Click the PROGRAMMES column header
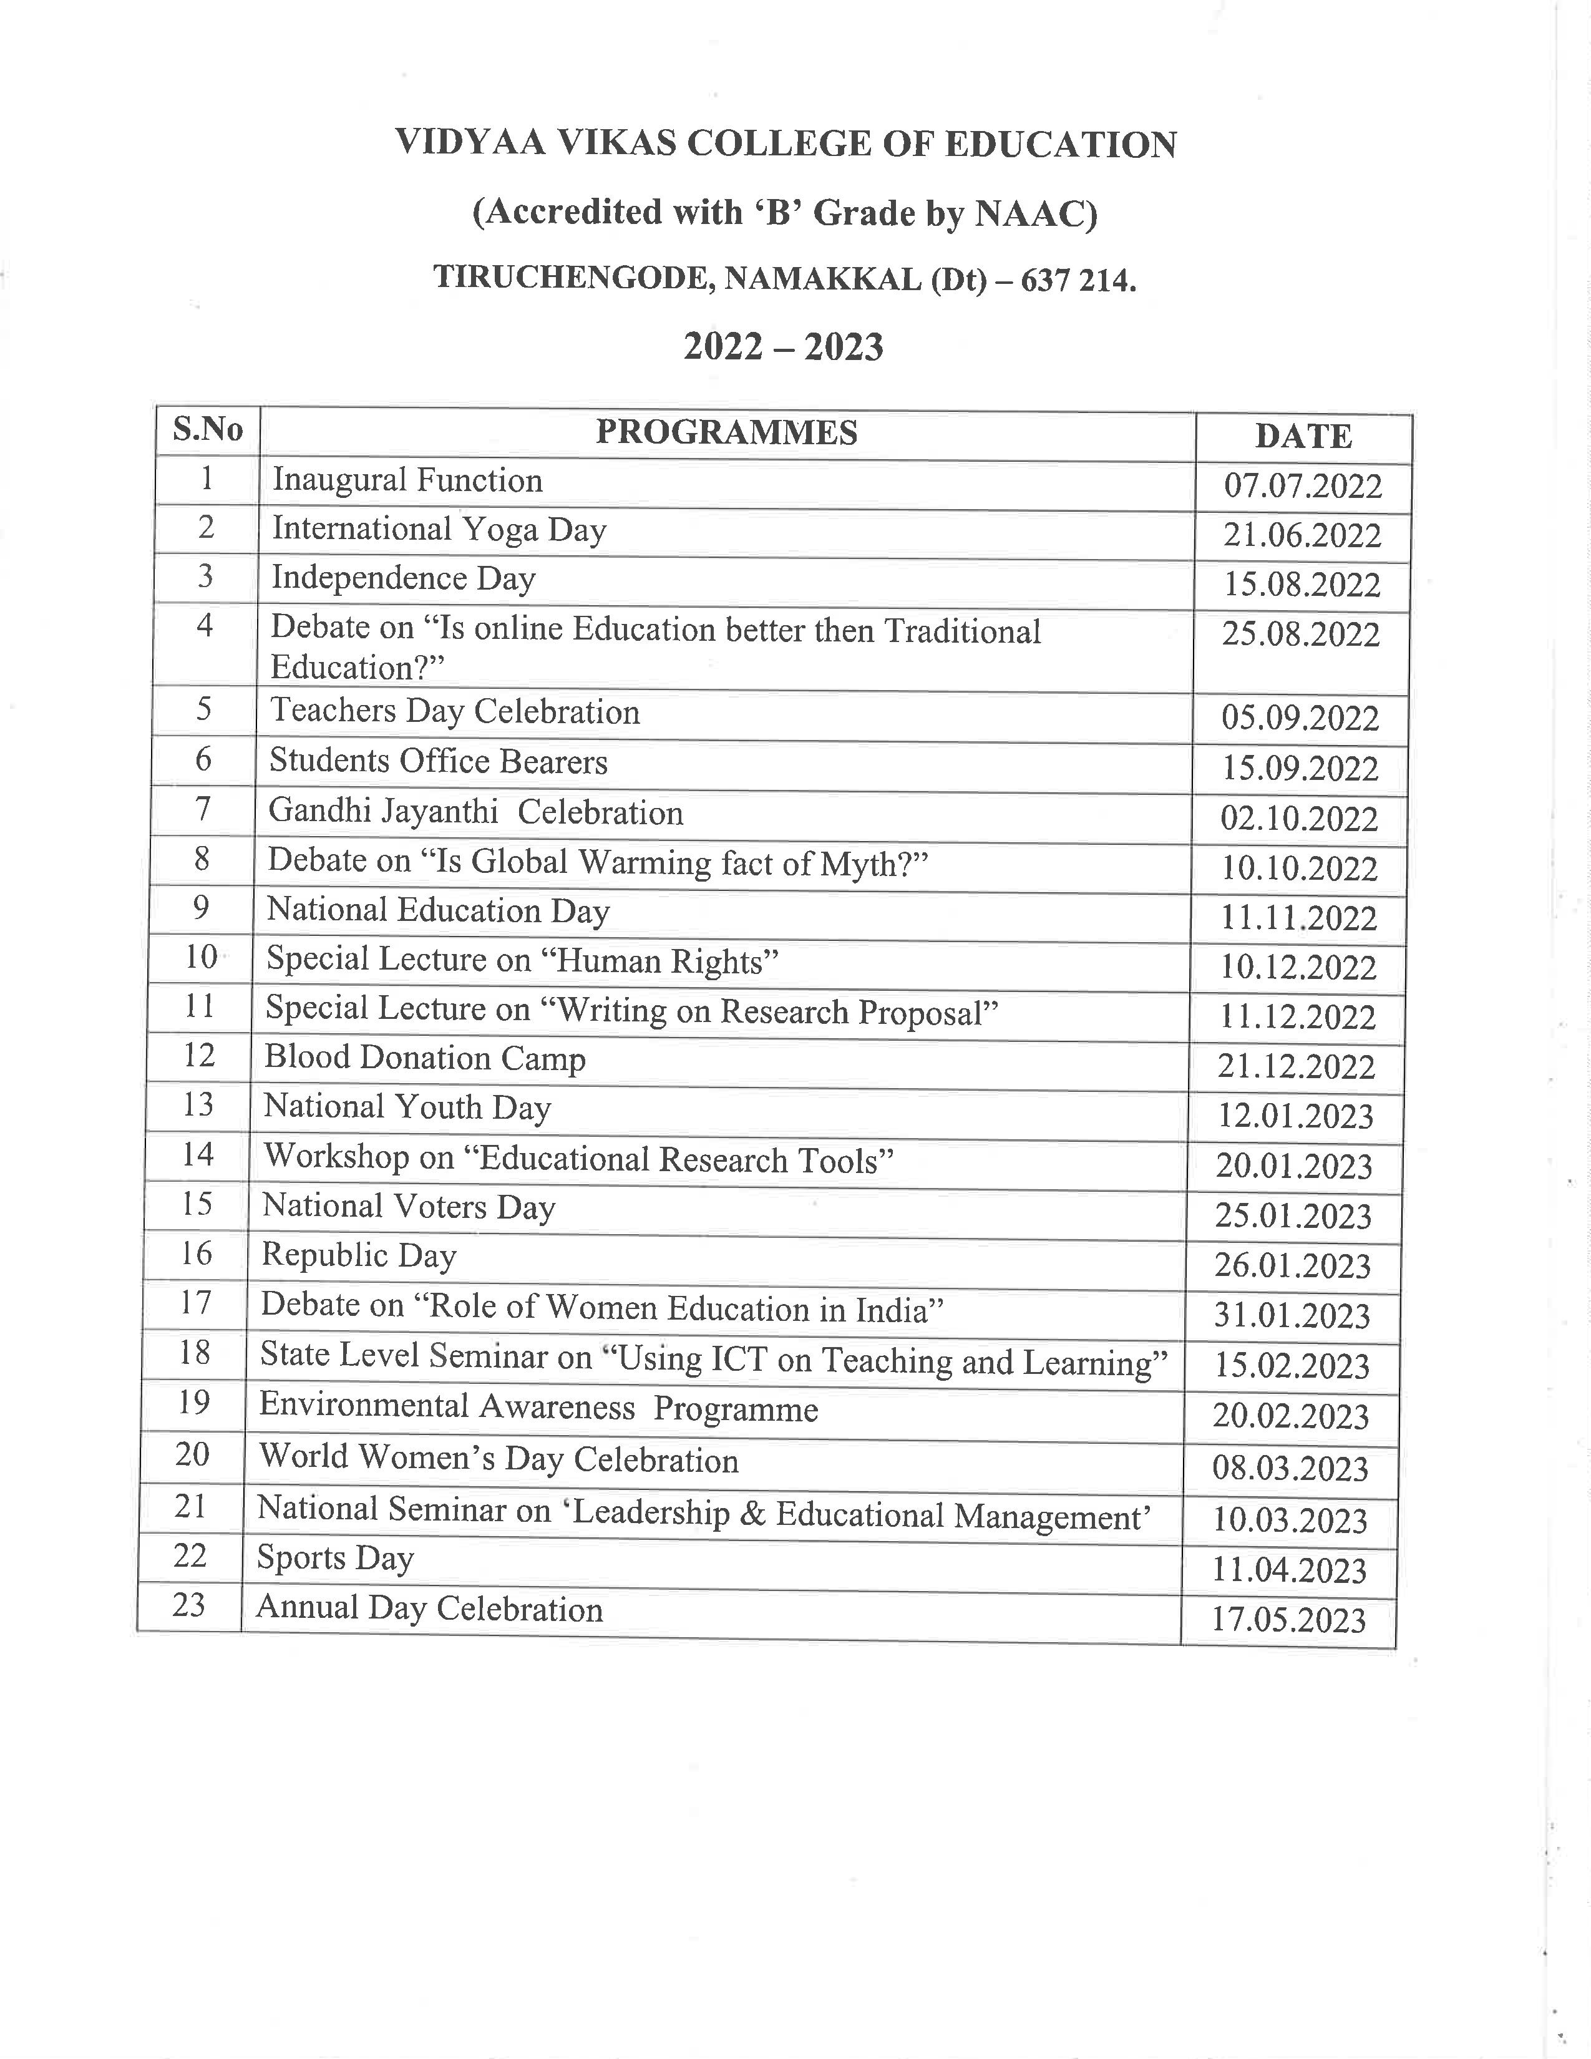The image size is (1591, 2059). pos(727,433)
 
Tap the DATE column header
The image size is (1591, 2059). pos(1303,437)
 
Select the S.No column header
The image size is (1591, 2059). pos(207,430)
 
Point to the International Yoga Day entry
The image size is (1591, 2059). pos(439,530)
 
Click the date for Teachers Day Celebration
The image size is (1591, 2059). pos(1300,718)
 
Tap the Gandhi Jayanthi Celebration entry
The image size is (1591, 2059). pos(476,812)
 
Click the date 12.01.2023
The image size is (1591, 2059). pos(1295,1116)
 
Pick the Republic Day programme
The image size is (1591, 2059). pos(359,1256)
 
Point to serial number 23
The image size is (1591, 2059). pos(188,1605)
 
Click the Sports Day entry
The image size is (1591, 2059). pos(336,1557)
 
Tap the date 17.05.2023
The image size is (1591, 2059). pos(1288,1620)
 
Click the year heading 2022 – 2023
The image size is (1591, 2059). pos(783,347)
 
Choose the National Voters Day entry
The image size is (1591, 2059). pos(409,1207)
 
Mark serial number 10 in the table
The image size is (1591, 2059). pos(201,958)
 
